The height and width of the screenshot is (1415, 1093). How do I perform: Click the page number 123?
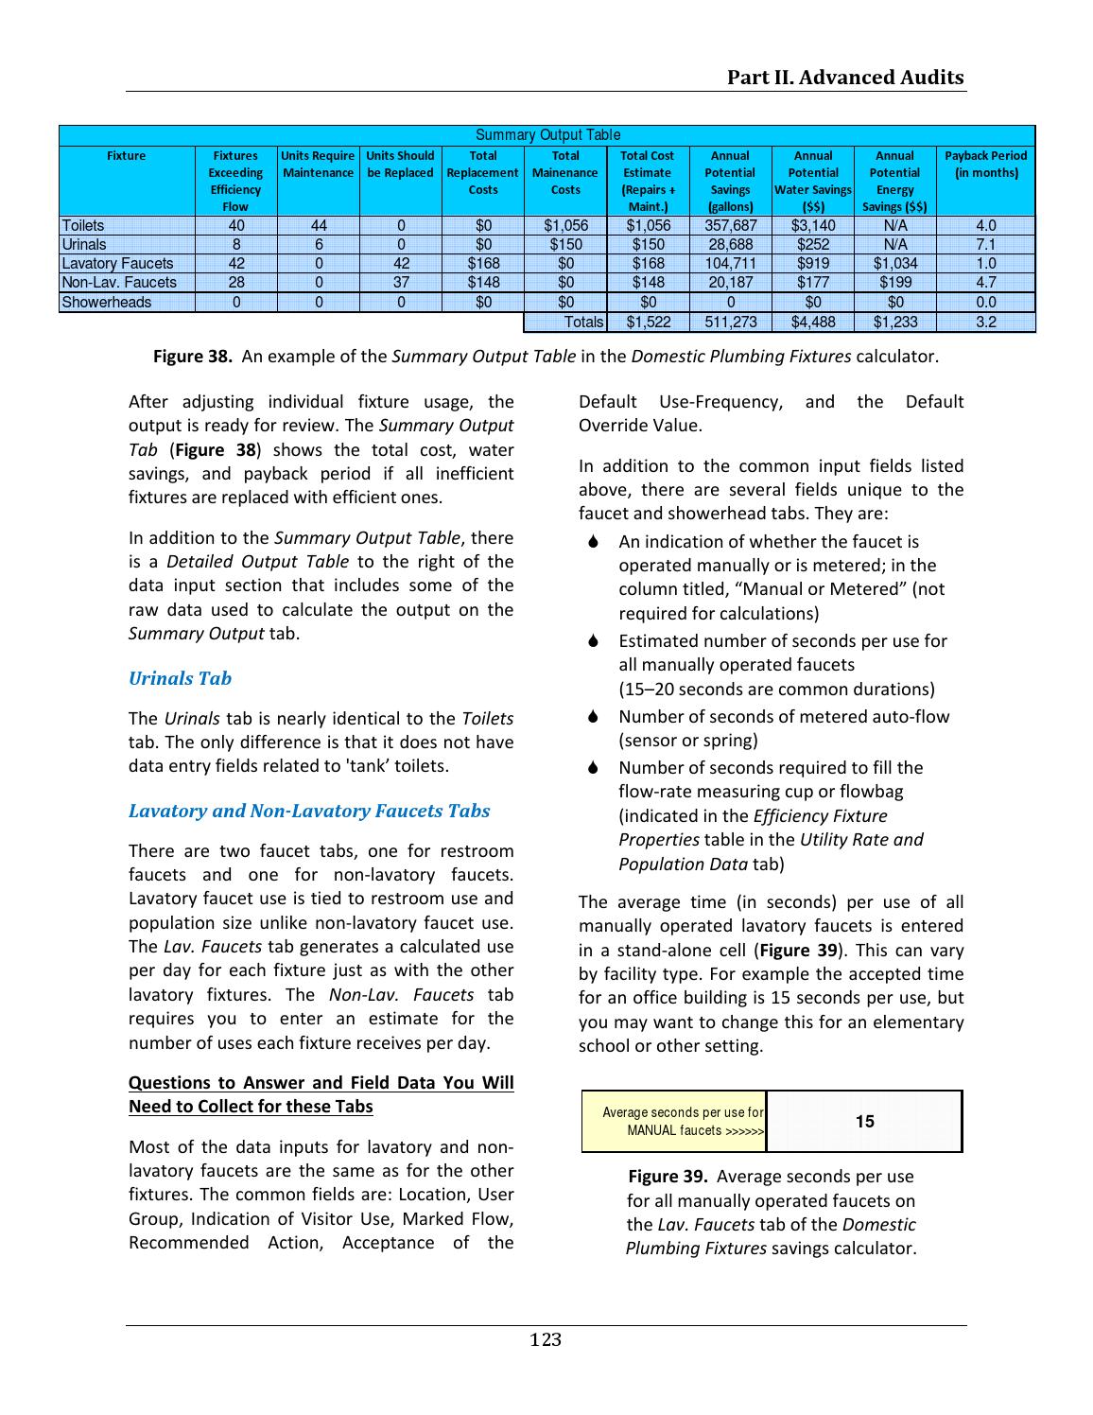tap(546, 1339)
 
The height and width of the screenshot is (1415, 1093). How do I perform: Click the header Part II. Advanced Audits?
tap(845, 78)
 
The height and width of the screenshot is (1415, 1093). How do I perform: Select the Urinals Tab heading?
tap(180, 678)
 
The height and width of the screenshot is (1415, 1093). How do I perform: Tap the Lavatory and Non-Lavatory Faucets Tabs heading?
tap(309, 811)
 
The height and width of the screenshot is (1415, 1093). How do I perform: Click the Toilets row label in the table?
tap(83, 225)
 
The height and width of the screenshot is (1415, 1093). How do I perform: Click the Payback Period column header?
tap(985, 164)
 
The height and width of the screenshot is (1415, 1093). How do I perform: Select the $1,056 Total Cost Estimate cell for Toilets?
tap(648, 225)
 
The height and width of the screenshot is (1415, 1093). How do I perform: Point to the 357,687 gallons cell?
tap(730, 225)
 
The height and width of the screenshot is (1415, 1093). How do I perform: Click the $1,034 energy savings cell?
tap(894, 263)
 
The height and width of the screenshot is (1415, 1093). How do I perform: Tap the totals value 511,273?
tap(730, 323)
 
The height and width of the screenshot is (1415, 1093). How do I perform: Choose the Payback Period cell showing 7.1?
tap(985, 244)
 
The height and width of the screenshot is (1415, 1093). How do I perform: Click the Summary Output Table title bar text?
tap(547, 135)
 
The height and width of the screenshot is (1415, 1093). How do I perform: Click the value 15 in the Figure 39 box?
tap(864, 1122)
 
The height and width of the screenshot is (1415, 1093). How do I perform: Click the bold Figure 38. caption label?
tap(193, 357)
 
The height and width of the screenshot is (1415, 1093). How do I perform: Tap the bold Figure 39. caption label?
tap(668, 1177)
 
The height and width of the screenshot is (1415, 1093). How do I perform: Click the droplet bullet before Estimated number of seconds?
tap(593, 641)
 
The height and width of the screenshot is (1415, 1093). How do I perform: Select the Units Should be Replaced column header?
tap(400, 164)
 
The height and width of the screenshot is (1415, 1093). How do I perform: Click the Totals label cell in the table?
tap(582, 323)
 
